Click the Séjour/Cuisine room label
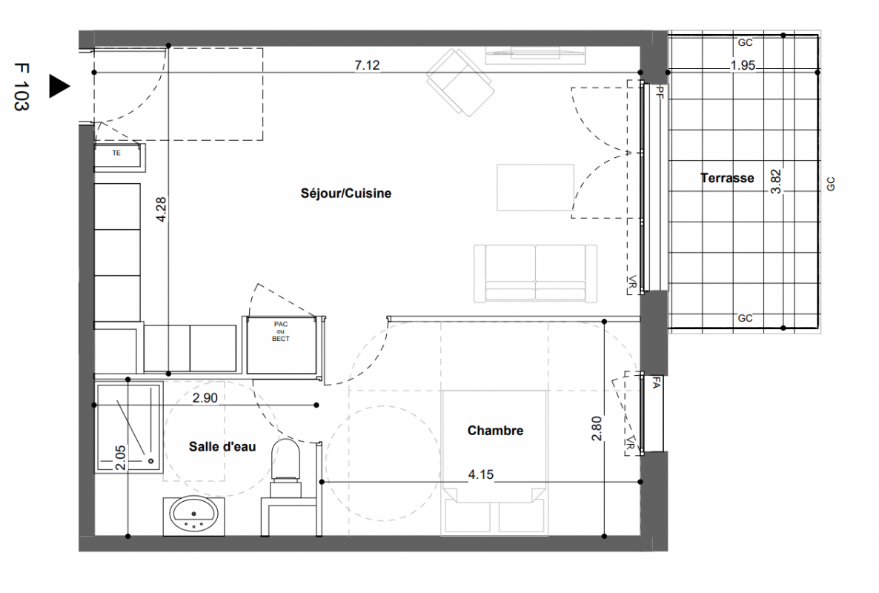coord(346,193)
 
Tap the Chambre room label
coord(496,431)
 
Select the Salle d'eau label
coord(222,447)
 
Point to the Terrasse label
coord(727,178)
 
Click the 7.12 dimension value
coord(367,65)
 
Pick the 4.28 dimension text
coord(161,210)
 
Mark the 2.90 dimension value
coord(205,398)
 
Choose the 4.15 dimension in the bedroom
coord(481,474)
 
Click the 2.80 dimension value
coord(597,428)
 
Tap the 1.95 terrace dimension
coord(743,65)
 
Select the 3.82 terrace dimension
coord(776,182)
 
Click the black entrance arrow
coord(59,86)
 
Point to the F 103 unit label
coord(21,87)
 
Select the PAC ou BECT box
coord(281,345)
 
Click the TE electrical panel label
coord(116,153)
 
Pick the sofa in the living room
coord(535,274)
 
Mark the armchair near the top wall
coord(460,82)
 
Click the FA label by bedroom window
coord(656,382)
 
